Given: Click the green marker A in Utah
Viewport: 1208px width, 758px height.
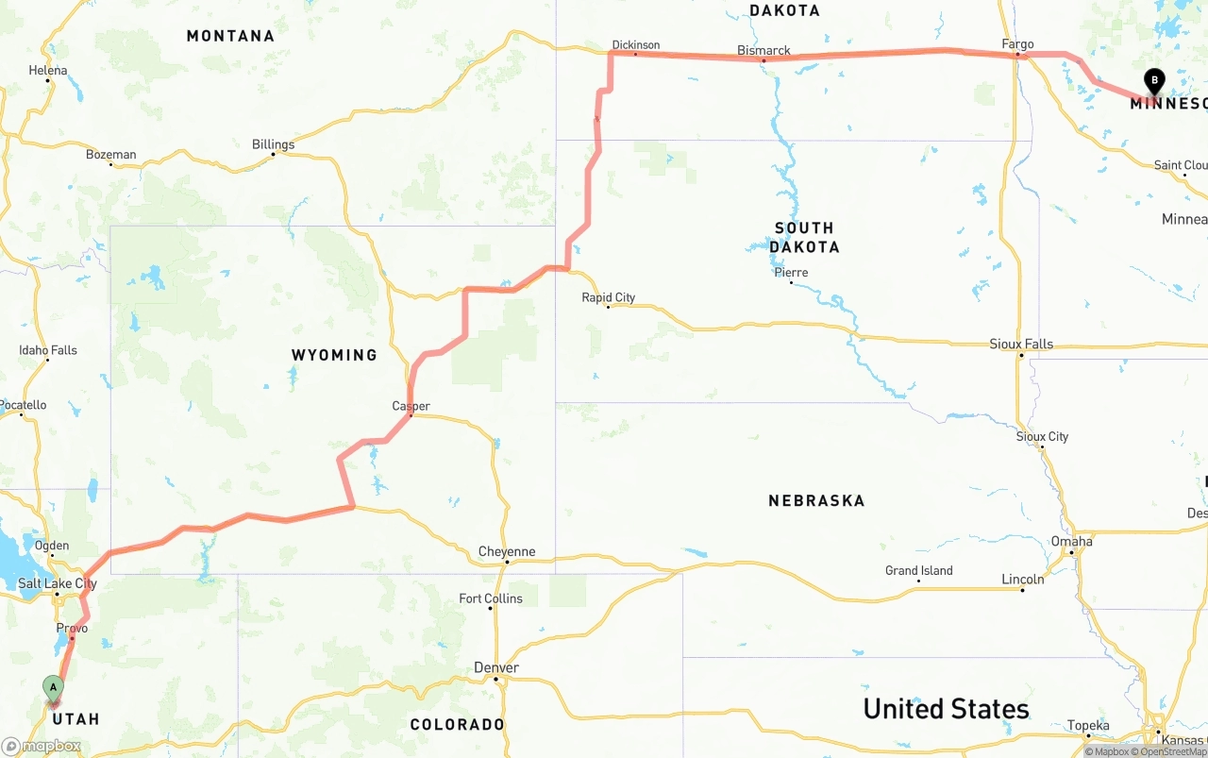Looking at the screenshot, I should point(53,687).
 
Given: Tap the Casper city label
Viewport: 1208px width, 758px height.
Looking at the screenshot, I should point(411,406).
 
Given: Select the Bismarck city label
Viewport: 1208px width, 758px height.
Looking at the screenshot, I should point(763,50).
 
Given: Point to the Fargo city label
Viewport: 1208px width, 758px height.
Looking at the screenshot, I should point(1017,44).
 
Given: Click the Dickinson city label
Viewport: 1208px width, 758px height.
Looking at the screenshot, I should point(635,44).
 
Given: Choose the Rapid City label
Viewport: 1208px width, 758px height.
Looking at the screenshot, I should point(608,297).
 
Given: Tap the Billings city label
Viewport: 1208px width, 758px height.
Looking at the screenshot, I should point(273,144).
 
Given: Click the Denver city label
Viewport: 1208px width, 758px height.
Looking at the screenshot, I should point(496,667).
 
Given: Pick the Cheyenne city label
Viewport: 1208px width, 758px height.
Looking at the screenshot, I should point(507,551).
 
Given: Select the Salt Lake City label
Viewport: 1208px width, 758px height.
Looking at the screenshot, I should point(58,583).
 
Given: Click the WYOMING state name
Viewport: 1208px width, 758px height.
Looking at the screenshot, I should point(334,355).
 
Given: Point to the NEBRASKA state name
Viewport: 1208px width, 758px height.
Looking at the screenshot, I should point(816,500).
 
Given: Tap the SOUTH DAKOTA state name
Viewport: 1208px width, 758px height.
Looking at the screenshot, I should point(804,237).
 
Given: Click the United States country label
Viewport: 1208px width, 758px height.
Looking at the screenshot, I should point(946,709).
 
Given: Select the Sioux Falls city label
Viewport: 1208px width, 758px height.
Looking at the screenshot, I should point(1021,344).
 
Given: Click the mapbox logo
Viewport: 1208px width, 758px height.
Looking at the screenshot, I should point(42,746).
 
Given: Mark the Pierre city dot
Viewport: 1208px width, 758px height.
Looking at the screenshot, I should point(791,282).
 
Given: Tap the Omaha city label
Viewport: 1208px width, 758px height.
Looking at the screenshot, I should point(1071,541).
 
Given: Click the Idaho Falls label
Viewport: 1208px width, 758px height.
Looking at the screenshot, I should point(48,350).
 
